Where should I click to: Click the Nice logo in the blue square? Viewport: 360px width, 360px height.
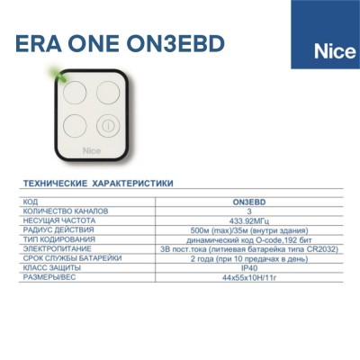pyautogui.click(x=335, y=51)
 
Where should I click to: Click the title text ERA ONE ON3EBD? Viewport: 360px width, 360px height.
pyautogui.click(x=120, y=44)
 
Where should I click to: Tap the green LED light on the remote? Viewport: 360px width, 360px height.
pyautogui.click(x=58, y=74)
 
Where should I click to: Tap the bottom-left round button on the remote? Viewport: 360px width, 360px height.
pyautogui.click(x=75, y=126)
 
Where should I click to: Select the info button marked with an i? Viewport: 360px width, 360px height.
pyautogui.click(x=108, y=126)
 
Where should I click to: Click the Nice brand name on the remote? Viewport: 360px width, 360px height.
pyautogui.click(x=92, y=150)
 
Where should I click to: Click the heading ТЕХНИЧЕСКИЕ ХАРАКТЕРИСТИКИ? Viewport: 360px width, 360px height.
pyautogui.click(x=98, y=184)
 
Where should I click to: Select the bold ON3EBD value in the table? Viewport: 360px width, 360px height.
pyautogui.click(x=249, y=202)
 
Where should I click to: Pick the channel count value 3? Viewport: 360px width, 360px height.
pyautogui.click(x=249, y=211)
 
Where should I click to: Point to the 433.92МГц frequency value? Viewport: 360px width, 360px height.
pyautogui.click(x=249, y=221)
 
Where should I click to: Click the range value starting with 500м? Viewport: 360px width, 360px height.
pyautogui.click(x=249, y=230)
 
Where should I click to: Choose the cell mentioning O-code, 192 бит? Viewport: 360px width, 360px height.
pyautogui.click(x=249, y=240)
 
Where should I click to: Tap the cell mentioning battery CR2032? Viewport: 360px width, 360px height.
pyautogui.click(x=249, y=249)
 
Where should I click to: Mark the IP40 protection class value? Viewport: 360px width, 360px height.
pyautogui.click(x=249, y=268)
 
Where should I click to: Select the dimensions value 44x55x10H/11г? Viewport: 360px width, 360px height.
pyautogui.click(x=249, y=277)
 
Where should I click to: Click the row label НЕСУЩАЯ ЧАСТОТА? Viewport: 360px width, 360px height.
pyautogui.click(x=59, y=220)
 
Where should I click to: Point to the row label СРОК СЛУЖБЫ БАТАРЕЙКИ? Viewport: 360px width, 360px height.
pyautogui.click(x=72, y=258)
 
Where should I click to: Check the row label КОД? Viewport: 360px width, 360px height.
pyautogui.click(x=31, y=202)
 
